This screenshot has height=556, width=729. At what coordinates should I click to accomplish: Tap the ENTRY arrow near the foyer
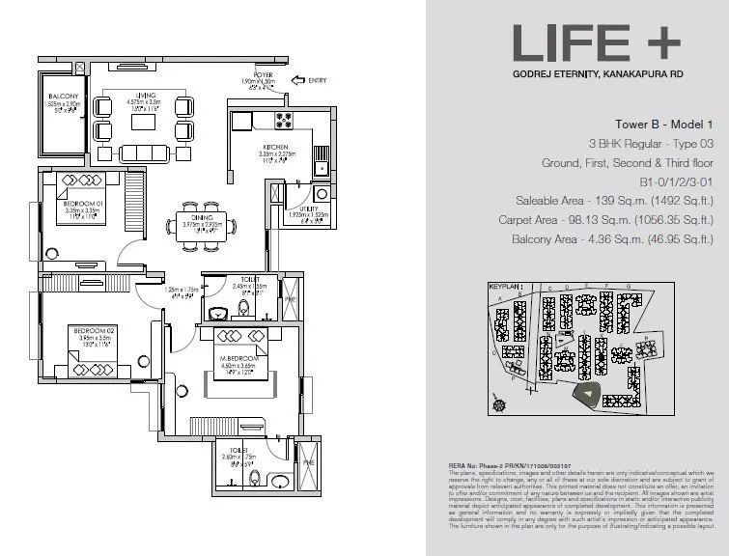(x=309, y=82)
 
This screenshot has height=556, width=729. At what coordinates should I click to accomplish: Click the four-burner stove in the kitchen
(x=286, y=121)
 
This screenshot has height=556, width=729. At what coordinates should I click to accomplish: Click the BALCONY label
(x=62, y=97)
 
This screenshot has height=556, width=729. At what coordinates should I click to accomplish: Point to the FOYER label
(x=263, y=73)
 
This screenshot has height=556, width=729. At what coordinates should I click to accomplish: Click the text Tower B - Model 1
(x=663, y=125)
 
